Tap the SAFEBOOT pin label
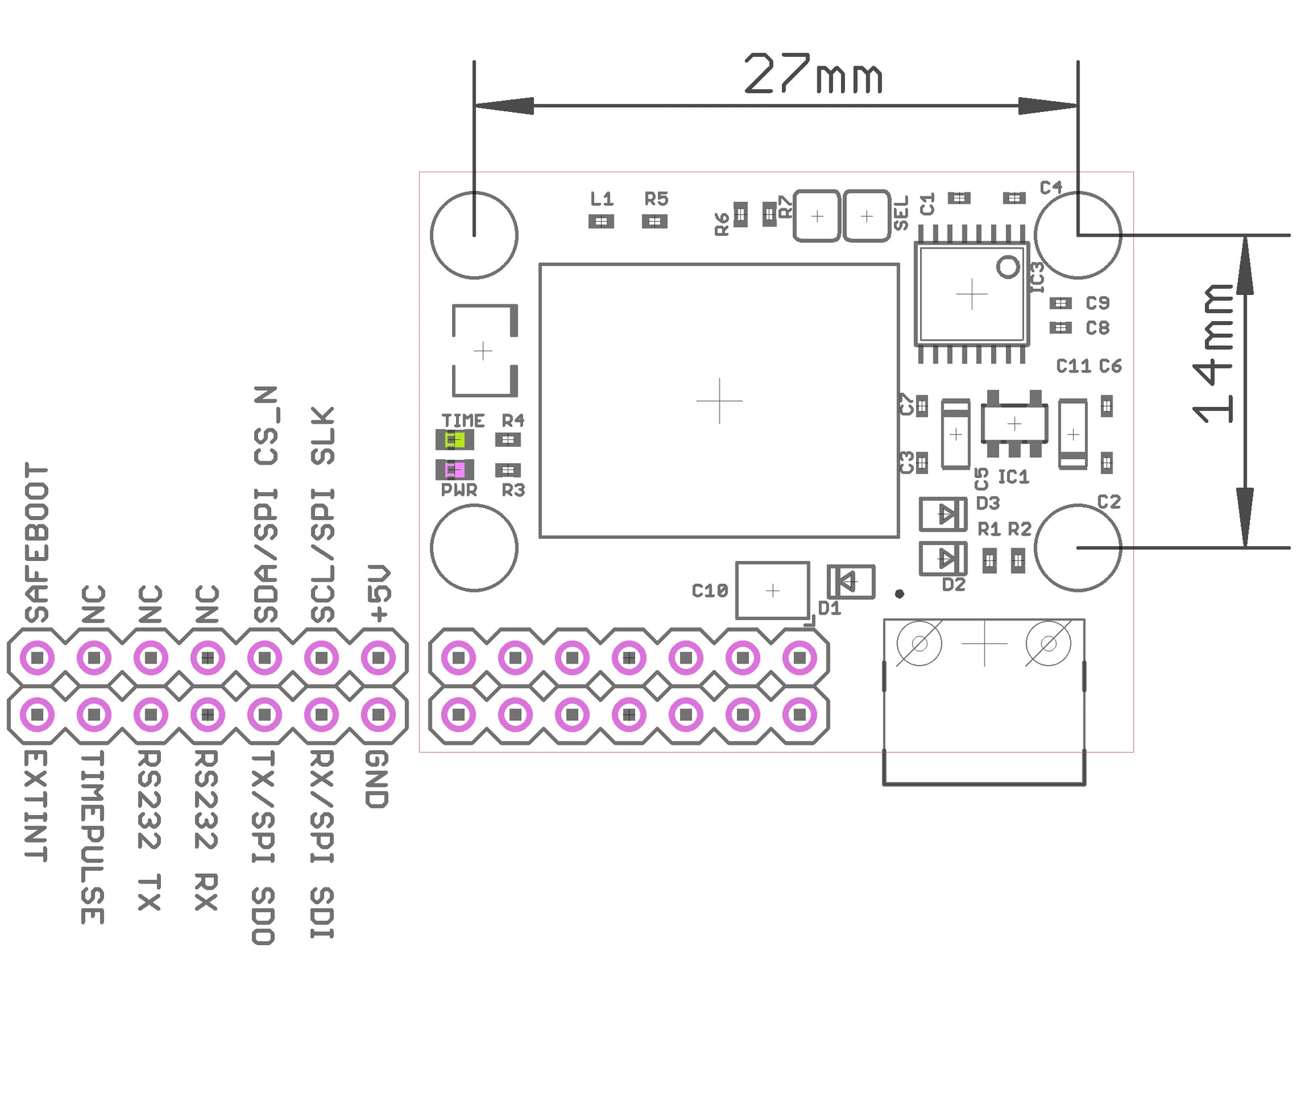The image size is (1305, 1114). (x=37, y=542)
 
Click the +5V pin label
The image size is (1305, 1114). (x=379, y=593)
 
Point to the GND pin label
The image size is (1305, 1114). (x=377, y=778)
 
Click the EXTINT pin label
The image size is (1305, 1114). (x=36, y=805)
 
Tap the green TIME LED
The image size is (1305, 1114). (x=455, y=440)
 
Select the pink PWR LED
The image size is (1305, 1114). (x=455, y=469)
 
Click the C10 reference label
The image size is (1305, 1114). (x=710, y=591)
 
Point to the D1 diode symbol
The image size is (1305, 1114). (x=850, y=581)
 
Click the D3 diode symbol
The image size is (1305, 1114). (x=942, y=514)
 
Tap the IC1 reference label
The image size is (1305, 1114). (x=1013, y=477)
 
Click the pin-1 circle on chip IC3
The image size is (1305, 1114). (x=1007, y=267)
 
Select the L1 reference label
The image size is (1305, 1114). (x=602, y=199)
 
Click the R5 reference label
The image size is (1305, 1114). (x=656, y=199)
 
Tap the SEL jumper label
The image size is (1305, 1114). (x=901, y=212)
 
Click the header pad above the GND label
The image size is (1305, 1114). (x=378, y=715)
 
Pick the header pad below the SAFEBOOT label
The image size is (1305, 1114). (x=38, y=658)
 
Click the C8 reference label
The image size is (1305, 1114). (x=1097, y=328)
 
